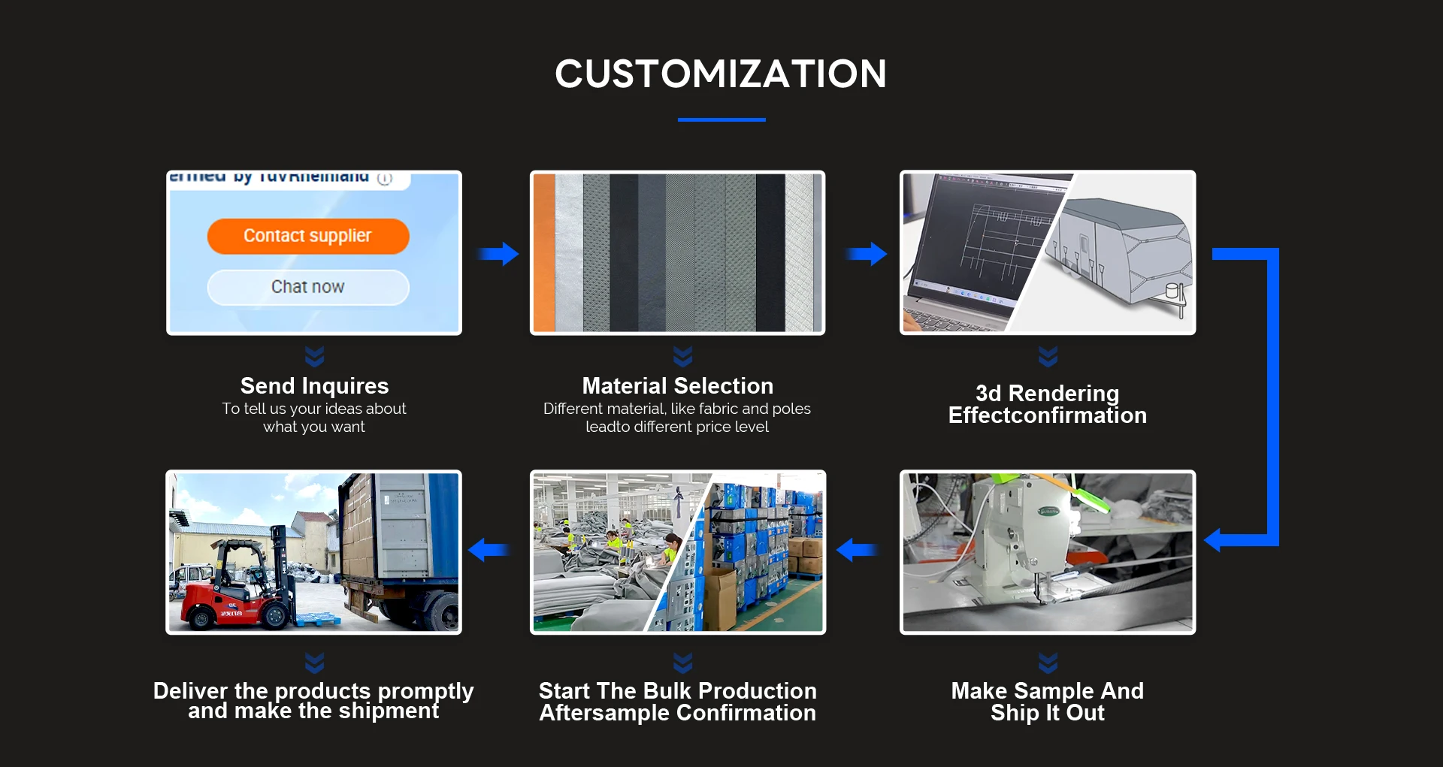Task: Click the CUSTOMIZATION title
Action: point(721,74)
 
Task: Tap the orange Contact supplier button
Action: point(308,236)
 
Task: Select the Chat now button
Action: point(308,287)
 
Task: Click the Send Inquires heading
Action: point(314,386)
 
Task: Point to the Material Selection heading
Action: point(677,386)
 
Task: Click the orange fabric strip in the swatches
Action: point(544,252)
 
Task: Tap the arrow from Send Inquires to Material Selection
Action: point(498,254)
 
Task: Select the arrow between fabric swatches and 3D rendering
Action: point(867,254)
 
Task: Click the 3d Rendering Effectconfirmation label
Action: point(1047,404)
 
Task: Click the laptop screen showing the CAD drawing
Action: point(977,233)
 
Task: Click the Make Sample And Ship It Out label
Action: point(1047,702)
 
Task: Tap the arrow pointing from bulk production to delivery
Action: point(488,550)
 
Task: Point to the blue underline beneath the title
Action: point(721,119)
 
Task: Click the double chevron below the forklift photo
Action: point(314,663)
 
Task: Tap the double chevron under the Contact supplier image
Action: point(314,355)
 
